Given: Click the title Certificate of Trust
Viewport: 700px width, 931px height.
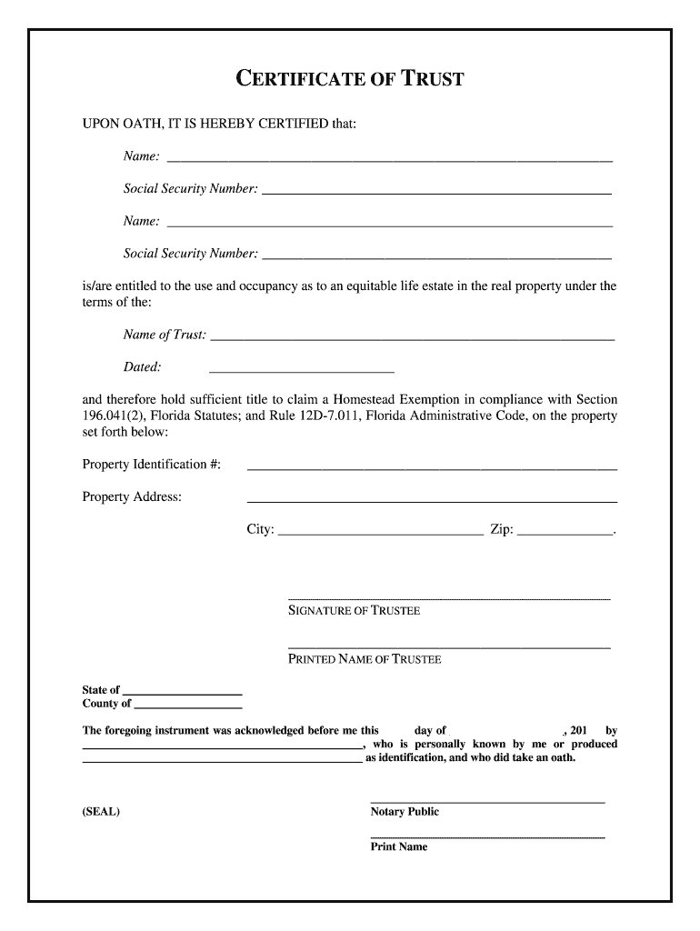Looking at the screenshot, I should click(350, 79).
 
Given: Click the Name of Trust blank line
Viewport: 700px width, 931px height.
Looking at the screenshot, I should click(412, 338).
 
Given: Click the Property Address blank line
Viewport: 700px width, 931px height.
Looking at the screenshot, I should click(432, 500).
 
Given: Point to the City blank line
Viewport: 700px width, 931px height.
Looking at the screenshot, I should click(380, 535).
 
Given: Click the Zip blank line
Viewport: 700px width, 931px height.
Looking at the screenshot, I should click(565, 535).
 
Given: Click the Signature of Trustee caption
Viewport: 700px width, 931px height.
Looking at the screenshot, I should click(354, 611).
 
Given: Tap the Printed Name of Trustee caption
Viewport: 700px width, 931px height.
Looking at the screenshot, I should click(365, 659).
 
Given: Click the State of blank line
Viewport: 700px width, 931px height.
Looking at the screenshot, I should click(182, 693).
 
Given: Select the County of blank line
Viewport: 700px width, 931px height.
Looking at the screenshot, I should click(187, 706).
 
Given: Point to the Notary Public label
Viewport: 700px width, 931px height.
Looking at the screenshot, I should click(405, 812).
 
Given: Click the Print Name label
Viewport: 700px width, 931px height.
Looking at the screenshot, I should click(398, 846).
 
